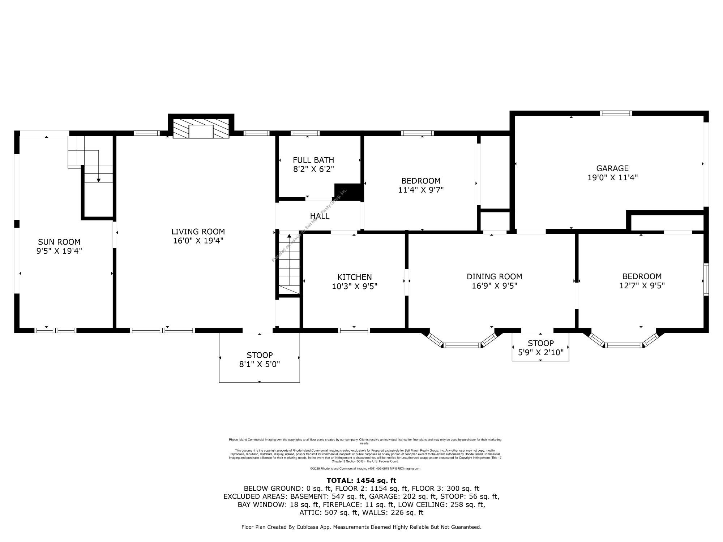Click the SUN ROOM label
(59, 242)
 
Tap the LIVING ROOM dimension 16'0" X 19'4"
(198, 241)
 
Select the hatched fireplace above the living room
(201, 128)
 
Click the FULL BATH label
(313, 160)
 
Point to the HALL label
(320, 216)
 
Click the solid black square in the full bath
(347, 192)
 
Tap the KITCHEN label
(354, 277)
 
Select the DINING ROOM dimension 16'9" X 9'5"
(494, 286)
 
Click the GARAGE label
(612, 168)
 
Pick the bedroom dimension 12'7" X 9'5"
(642, 285)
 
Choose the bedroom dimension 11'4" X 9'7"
(421, 190)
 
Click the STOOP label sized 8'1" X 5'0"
(260, 355)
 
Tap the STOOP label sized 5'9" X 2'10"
(540, 343)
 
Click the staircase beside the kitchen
(289, 264)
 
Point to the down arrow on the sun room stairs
(98, 180)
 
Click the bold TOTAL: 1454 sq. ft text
(361, 481)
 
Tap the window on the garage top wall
(616, 113)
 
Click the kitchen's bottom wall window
(354, 330)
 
